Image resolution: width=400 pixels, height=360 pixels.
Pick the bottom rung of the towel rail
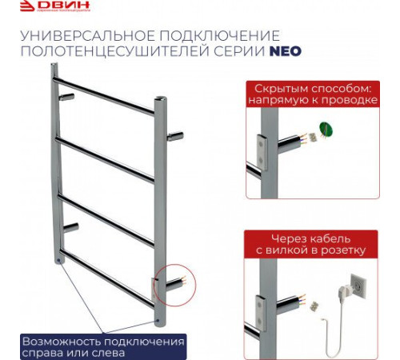point(104,276)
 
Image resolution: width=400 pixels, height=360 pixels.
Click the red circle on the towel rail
point(170,281)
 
